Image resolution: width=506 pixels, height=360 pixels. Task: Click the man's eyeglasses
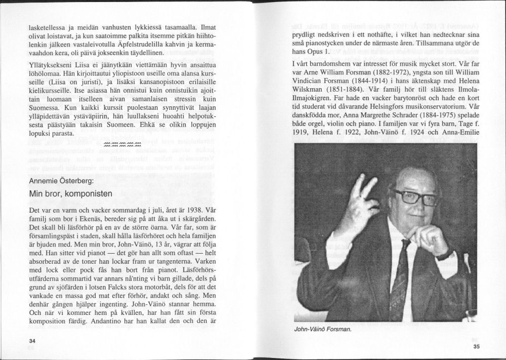[x=415, y=196]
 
